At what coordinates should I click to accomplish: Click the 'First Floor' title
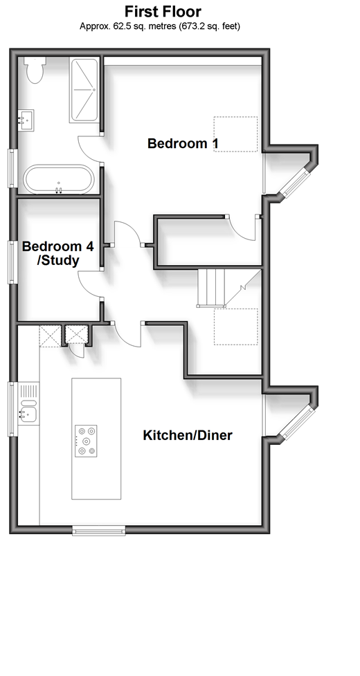click(163, 11)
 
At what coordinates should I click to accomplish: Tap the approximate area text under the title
click(160, 26)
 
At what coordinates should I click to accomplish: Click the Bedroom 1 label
click(183, 143)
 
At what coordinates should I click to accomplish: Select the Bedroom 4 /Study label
click(57, 253)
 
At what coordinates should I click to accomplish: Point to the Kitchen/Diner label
click(188, 435)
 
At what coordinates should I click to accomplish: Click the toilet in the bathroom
click(35, 69)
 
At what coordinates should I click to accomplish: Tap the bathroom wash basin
click(26, 120)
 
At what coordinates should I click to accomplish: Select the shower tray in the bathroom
click(84, 90)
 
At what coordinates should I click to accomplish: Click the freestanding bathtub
click(59, 179)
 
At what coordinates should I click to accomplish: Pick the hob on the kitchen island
click(86, 441)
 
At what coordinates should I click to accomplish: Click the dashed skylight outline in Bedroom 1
click(236, 134)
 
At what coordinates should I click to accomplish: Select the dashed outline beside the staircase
click(236, 327)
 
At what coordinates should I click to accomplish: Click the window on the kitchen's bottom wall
click(99, 530)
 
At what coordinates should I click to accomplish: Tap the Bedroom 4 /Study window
click(12, 262)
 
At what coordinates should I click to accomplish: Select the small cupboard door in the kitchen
click(76, 351)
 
